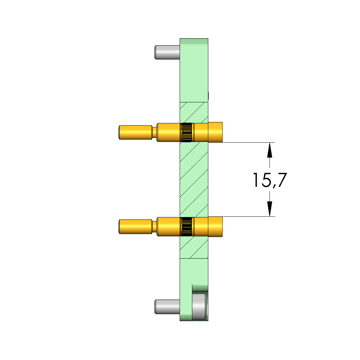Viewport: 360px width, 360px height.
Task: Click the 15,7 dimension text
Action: pyautogui.click(x=270, y=180)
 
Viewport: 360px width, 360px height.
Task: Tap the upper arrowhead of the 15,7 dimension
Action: pyautogui.click(x=270, y=150)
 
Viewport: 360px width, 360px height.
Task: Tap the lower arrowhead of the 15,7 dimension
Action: pyautogui.click(x=270, y=209)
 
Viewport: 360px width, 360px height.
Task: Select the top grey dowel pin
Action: pyautogui.click(x=167, y=52)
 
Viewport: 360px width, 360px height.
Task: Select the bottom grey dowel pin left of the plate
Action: pyautogui.click(x=167, y=306)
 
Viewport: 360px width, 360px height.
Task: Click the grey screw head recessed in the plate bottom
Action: pyautogui.click(x=199, y=306)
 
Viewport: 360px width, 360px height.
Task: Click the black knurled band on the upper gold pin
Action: pyautogui.click(x=186, y=132)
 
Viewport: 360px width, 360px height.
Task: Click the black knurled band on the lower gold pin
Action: pyautogui.click(x=186, y=227)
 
